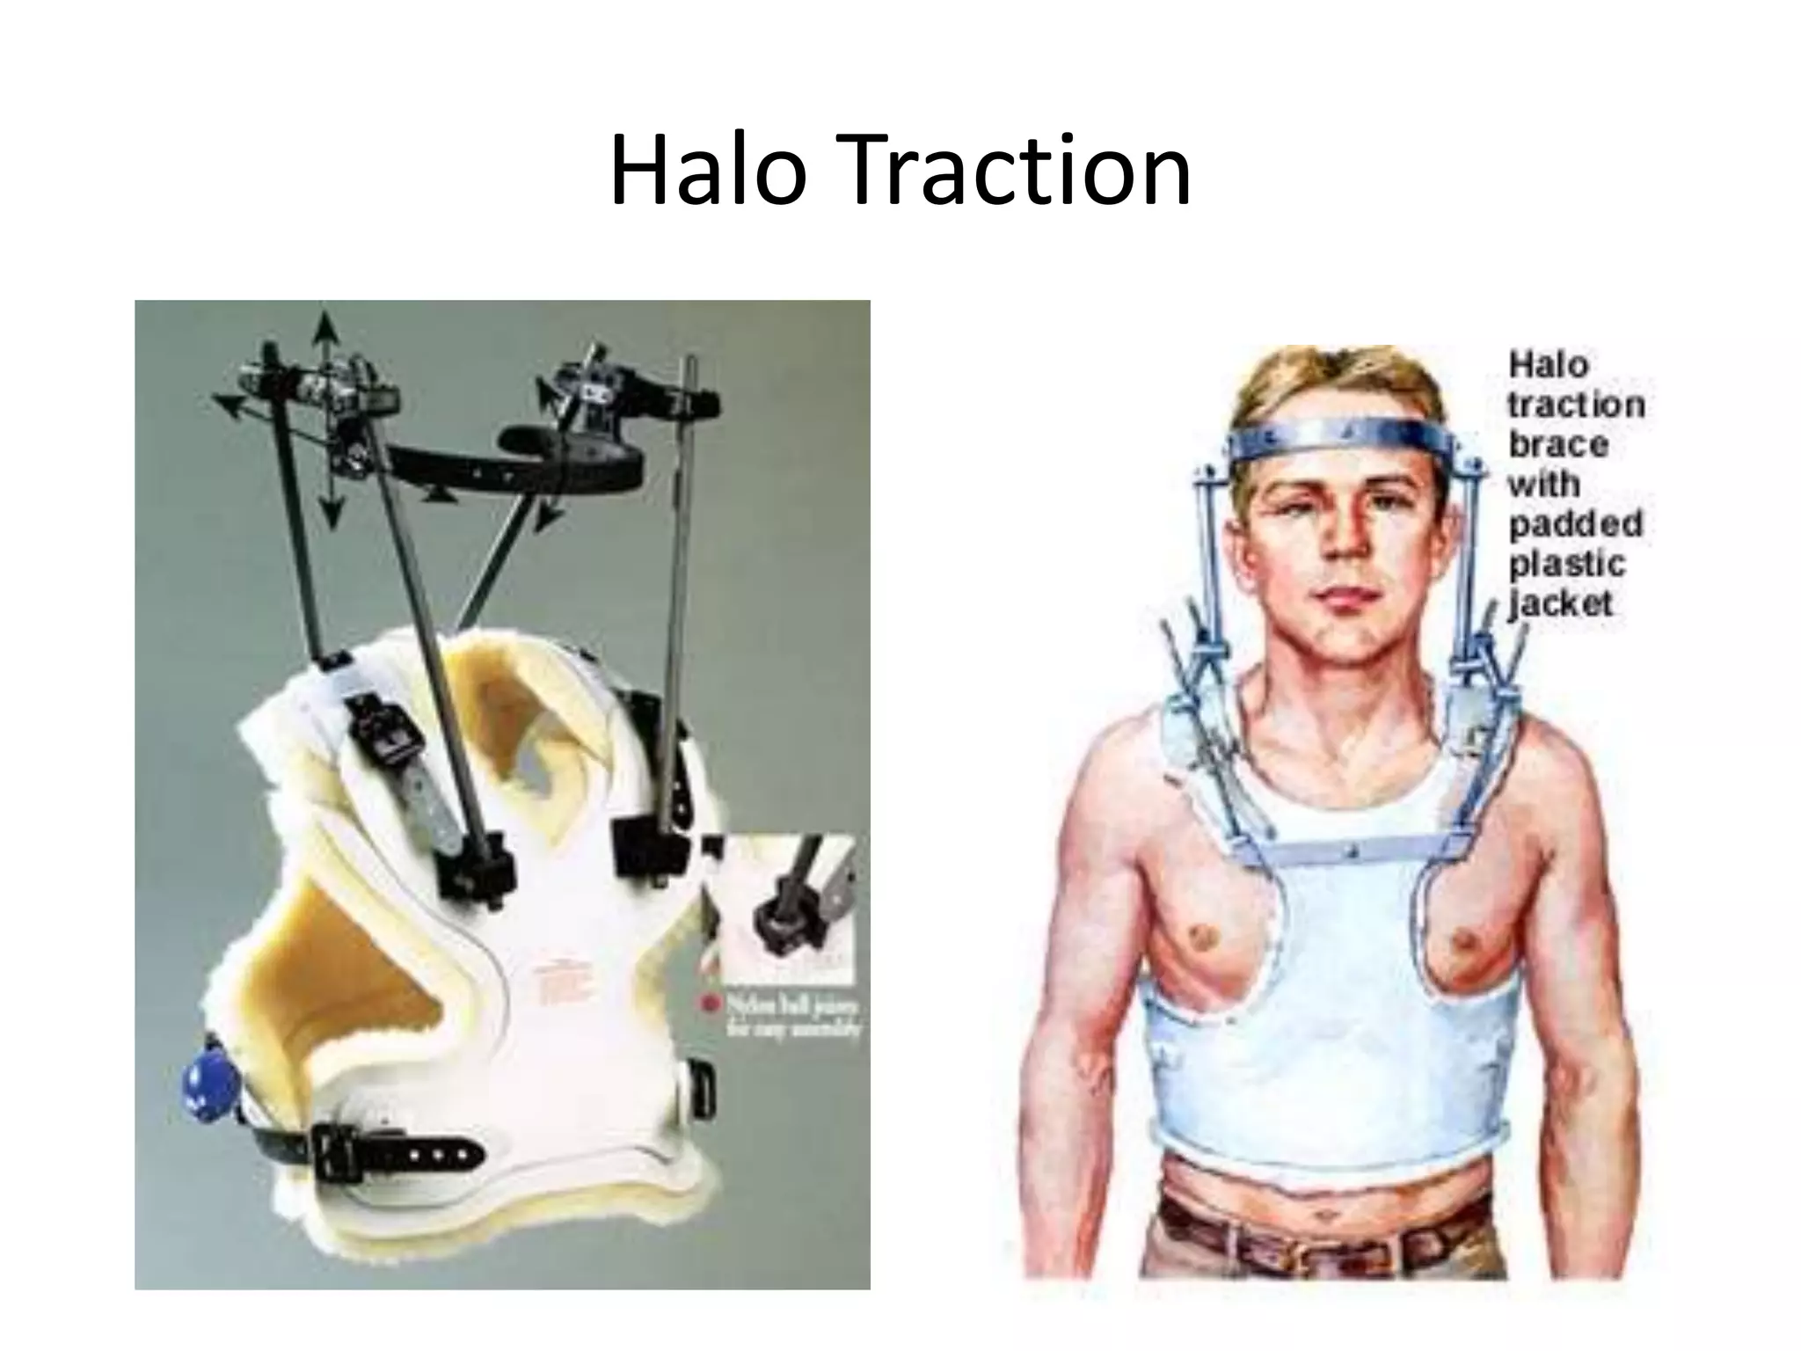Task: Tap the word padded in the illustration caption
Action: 1575,524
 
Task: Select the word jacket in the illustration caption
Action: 1561,604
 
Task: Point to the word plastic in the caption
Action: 1566,565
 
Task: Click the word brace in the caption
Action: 1558,444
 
